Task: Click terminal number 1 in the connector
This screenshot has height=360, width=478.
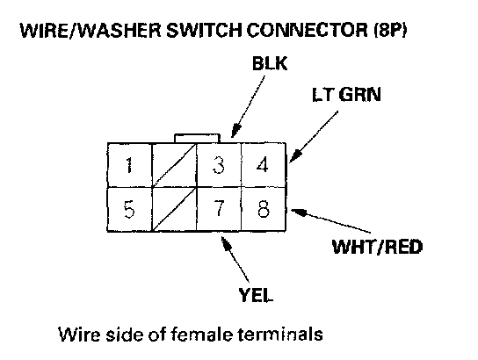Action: [129, 165]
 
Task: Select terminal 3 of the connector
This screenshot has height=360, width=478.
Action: [219, 165]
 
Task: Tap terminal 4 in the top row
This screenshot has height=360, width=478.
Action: [264, 165]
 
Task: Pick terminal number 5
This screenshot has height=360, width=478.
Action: [129, 209]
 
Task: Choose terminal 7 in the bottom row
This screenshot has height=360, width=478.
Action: [219, 209]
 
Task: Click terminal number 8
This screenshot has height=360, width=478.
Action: [264, 209]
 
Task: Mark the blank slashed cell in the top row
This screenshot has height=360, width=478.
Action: [174, 165]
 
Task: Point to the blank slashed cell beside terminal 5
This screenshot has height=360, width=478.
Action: [174, 209]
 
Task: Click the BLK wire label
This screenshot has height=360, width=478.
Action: [270, 63]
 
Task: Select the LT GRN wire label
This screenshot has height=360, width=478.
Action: [346, 94]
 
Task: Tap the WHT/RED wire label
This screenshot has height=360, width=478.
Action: [377, 247]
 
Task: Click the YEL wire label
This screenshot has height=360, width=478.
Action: [256, 294]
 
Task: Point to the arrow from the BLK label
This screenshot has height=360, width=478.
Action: [248, 106]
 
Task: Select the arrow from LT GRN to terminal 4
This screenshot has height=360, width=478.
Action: [314, 137]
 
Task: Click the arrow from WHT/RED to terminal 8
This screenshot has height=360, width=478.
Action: [330, 220]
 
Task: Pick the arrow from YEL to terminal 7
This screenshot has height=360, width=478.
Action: [235, 260]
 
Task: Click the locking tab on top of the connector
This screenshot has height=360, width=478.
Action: [197, 138]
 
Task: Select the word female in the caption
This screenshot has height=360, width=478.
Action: [201, 335]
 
